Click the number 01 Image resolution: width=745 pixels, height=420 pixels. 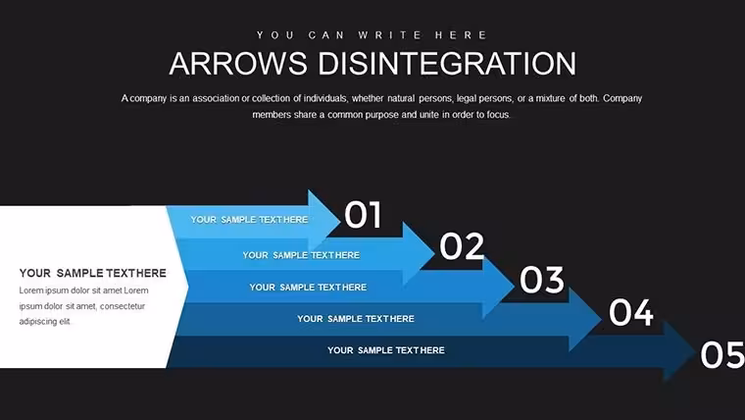[x=363, y=215]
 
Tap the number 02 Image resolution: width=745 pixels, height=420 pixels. [x=462, y=246]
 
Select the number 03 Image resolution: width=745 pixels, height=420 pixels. [x=542, y=280]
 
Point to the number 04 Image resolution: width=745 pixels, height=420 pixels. [x=631, y=312]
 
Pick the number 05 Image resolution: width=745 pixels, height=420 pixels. [x=722, y=355]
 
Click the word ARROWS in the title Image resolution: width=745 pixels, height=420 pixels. [x=238, y=63]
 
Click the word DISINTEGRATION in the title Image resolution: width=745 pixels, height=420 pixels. [x=447, y=63]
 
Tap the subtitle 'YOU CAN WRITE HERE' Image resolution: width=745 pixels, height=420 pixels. [x=372, y=35]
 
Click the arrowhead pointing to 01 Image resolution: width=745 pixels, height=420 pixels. [x=324, y=220]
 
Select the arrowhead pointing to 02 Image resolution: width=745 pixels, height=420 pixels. [x=419, y=253]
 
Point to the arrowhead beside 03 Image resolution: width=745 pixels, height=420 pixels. [x=498, y=287]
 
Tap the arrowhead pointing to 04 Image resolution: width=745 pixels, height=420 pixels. [x=585, y=319]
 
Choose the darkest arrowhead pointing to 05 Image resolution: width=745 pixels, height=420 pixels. [x=679, y=352]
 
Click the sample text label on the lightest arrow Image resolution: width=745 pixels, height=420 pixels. [x=249, y=220]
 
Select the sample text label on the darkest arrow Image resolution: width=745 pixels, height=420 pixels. [x=386, y=350]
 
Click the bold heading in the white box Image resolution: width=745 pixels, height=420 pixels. [x=93, y=273]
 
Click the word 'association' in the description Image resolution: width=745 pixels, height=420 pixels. [x=216, y=98]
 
